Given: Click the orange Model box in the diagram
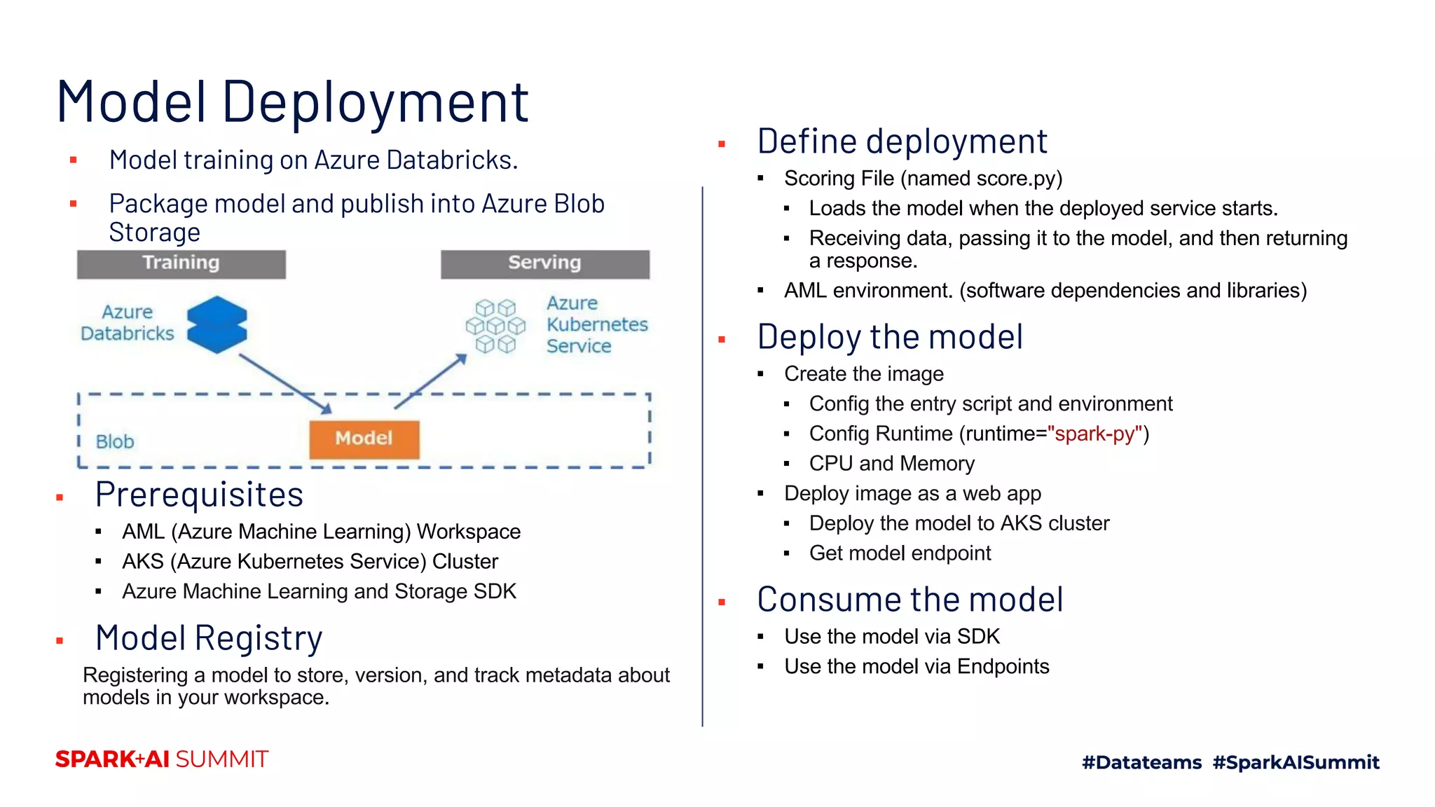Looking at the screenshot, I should pos(364,439).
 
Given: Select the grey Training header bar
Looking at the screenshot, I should pos(181,263).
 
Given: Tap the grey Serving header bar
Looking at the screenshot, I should pos(544,263).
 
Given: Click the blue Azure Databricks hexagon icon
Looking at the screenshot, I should pos(217,324).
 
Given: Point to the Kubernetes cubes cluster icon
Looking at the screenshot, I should pos(495,326).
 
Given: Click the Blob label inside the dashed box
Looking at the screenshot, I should pos(115,442).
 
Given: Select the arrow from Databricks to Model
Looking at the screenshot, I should pos(284,382).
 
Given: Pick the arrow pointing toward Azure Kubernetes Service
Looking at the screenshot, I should pos(432,381).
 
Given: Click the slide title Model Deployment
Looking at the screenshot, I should pos(292,102).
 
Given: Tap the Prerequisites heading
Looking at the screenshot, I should pos(199,495).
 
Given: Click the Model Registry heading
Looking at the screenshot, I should pos(209,638).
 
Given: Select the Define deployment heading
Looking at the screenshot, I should pos(902,142).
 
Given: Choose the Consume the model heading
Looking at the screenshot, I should pos(909,600).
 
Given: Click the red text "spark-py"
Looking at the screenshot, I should pos(1094,434).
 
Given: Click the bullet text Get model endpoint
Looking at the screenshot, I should pos(900,553).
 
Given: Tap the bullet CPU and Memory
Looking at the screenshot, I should pos(891,464).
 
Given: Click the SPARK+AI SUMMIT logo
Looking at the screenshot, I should pos(162,759).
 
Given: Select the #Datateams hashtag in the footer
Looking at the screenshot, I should pos(1141,762).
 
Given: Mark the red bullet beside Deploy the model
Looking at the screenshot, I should pos(722,340).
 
